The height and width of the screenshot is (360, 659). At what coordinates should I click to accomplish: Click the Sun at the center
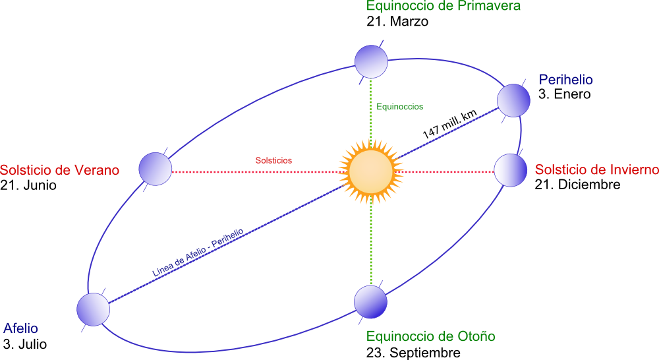(371, 171)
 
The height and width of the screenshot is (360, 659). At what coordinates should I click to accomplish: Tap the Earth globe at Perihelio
(513, 101)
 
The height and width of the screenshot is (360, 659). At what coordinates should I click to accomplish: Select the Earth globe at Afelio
(92, 309)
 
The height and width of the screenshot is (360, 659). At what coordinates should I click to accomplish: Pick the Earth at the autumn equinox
(371, 302)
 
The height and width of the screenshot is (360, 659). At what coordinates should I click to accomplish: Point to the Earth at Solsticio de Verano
(156, 169)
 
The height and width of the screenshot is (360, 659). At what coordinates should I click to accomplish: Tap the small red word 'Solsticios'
(273, 160)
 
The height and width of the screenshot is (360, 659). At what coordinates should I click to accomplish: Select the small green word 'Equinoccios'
(399, 106)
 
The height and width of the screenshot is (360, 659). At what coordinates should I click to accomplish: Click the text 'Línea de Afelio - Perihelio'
(198, 253)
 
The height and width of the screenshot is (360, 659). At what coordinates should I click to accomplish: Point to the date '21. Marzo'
(397, 22)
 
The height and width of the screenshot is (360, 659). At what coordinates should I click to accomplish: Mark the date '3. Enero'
(564, 94)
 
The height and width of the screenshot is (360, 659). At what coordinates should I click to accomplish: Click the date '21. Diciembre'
(577, 185)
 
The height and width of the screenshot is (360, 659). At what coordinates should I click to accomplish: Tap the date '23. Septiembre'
(413, 353)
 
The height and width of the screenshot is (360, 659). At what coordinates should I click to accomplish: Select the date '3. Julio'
(25, 344)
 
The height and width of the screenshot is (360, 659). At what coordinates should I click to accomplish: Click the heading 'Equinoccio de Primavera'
(444, 7)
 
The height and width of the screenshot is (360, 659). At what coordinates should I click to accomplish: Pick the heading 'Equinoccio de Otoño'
(431, 337)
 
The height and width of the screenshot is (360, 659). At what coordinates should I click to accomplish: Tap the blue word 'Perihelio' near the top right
(566, 80)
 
